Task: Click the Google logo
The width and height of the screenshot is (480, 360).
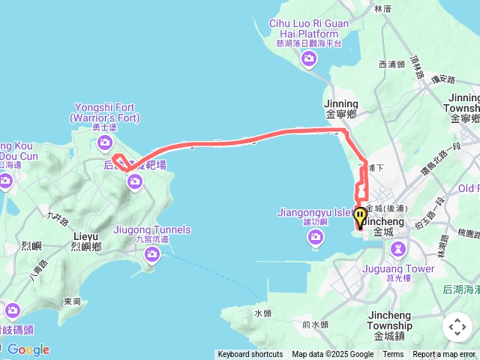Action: [28, 349]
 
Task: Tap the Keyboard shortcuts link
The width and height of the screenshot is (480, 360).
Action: [250, 355]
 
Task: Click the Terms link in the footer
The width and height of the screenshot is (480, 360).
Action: [393, 355]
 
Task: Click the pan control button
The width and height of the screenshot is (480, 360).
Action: [457, 327]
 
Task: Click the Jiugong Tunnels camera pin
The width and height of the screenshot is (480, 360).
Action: [153, 256]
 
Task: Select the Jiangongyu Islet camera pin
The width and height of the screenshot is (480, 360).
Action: [316, 238]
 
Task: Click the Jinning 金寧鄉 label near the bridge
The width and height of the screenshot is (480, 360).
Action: [341, 109]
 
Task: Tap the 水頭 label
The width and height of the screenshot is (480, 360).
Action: [262, 313]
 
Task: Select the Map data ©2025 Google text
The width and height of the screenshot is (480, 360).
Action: [332, 355]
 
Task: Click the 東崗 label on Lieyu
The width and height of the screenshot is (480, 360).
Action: [72, 301]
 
